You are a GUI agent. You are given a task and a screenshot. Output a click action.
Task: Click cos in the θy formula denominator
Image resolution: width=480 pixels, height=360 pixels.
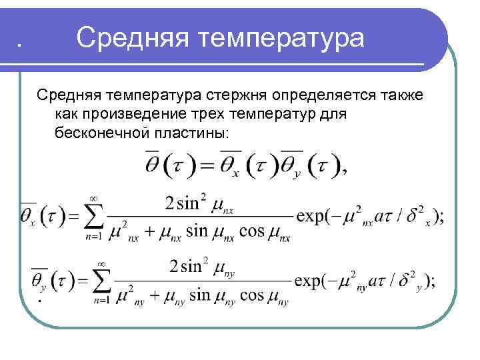251,295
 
